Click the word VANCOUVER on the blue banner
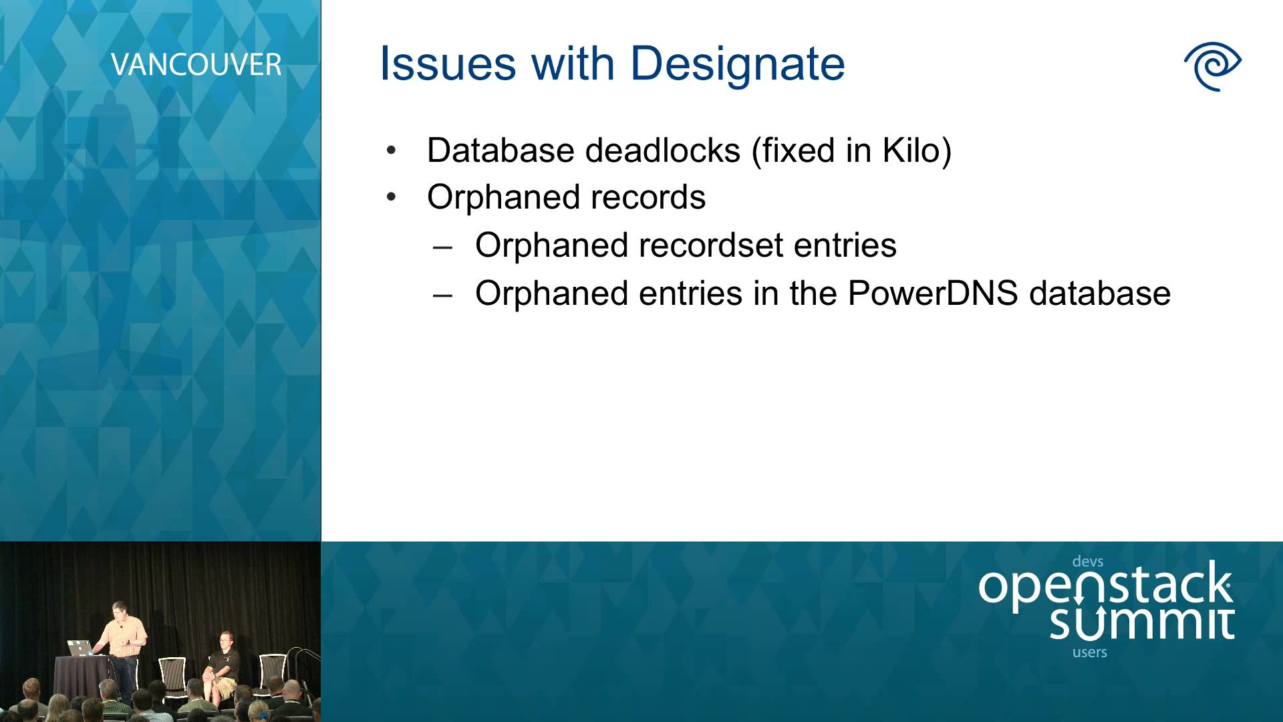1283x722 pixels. [x=196, y=65]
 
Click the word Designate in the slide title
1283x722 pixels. [x=738, y=66]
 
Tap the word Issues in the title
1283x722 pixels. [x=448, y=64]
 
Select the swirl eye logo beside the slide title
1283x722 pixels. [x=1212, y=66]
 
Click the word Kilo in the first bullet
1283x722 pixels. [x=911, y=150]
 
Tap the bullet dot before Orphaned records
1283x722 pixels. [x=392, y=197]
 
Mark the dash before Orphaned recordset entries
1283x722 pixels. [x=442, y=247]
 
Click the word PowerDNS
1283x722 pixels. [x=933, y=293]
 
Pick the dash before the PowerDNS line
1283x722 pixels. [x=442, y=295]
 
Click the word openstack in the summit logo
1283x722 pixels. [x=1105, y=585]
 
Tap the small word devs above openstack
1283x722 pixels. [x=1087, y=562]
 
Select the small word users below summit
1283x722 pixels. [x=1089, y=652]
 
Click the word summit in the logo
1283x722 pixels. [x=1141, y=622]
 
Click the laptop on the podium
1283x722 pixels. [x=79, y=648]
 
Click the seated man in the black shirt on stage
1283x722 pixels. [x=222, y=669]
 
